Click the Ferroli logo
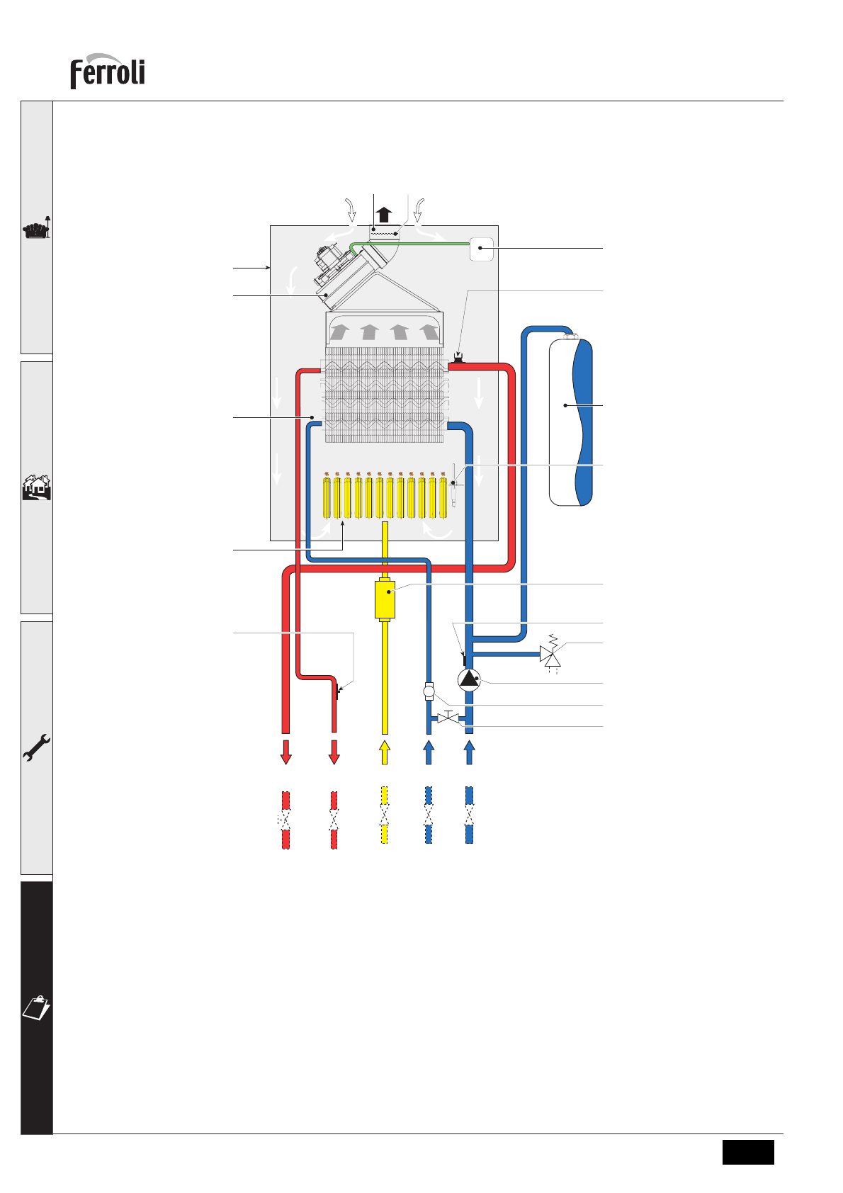pos(107,72)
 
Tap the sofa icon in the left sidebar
pos(37,230)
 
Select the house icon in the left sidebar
pos(37,487)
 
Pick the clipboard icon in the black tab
pos(37,1007)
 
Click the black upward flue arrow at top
pos(384,214)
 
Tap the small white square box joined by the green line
pos(482,249)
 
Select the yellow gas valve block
pos(385,599)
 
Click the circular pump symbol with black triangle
pos(469,680)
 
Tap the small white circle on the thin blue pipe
pos(429,690)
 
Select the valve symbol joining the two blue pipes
pos(448,718)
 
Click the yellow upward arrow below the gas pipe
pos(385,752)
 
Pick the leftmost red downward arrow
pos(286,752)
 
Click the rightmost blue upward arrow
pos(469,752)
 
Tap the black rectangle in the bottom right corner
pos(748,1151)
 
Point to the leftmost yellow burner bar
pos(326,497)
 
